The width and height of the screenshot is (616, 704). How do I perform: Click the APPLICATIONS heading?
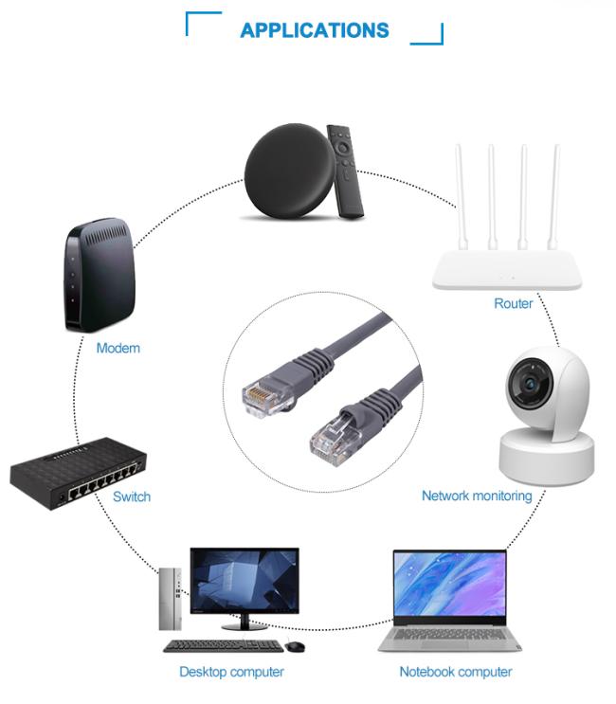click(315, 30)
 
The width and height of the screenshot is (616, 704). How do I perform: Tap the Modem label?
click(118, 348)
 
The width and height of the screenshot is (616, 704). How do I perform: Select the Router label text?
click(514, 303)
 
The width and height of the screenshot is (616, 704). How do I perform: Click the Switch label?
click(132, 496)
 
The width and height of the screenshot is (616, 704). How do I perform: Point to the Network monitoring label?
click(477, 496)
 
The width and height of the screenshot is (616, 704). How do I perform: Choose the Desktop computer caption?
click(231, 672)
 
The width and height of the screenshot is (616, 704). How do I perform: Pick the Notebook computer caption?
click(456, 672)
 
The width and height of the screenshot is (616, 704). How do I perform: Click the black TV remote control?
click(345, 171)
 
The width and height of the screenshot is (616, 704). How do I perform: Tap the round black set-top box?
click(290, 171)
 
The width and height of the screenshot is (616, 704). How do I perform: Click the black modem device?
click(100, 275)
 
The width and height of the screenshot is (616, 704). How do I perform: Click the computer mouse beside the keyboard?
click(295, 646)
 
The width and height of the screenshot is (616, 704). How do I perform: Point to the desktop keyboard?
click(223, 646)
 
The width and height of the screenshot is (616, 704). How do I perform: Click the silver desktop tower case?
click(171, 599)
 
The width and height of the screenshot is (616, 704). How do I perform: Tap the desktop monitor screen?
click(245, 581)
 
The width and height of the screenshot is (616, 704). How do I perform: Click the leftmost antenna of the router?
click(462, 197)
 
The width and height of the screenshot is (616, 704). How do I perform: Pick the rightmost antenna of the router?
click(553, 197)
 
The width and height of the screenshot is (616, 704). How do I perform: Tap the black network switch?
click(78, 474)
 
